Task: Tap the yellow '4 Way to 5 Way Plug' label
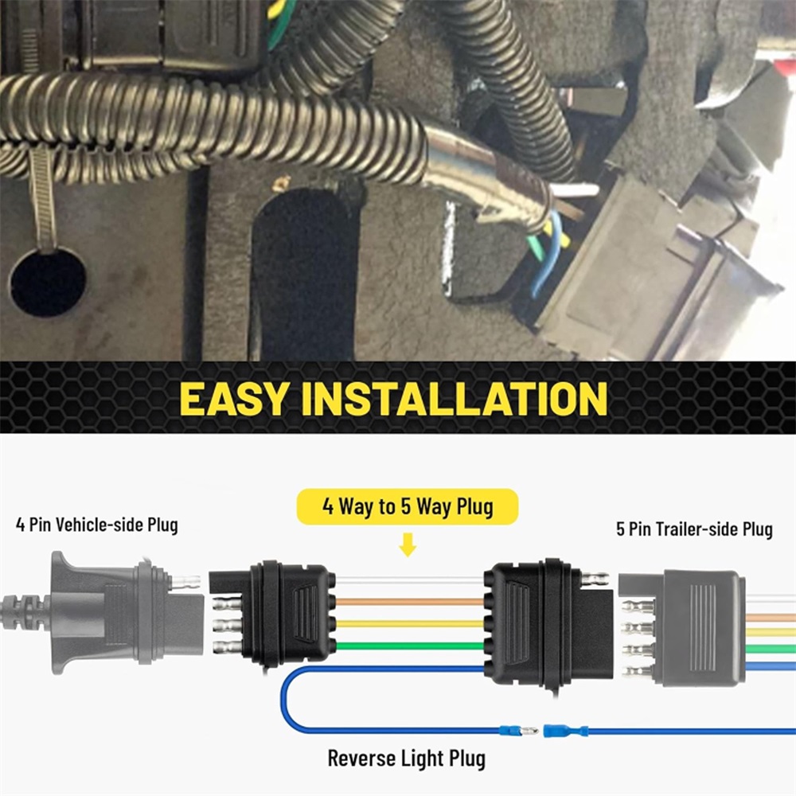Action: pos(408,506)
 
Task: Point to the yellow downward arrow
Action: pos(408,544)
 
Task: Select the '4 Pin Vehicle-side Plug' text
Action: pos(97,525)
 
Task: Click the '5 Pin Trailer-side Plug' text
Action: pos(694,529)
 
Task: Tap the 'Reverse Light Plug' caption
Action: pos(406,759)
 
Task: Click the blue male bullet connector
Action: pos(518,732)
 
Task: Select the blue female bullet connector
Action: pos(565,732)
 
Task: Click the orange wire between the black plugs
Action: pos(409,602)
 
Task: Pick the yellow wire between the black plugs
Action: pos(409,624)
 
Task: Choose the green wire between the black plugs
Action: pos(409,646)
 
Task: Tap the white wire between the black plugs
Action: pos(409,580)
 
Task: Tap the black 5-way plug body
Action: pos(548,624)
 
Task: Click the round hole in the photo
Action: pos(49,283)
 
